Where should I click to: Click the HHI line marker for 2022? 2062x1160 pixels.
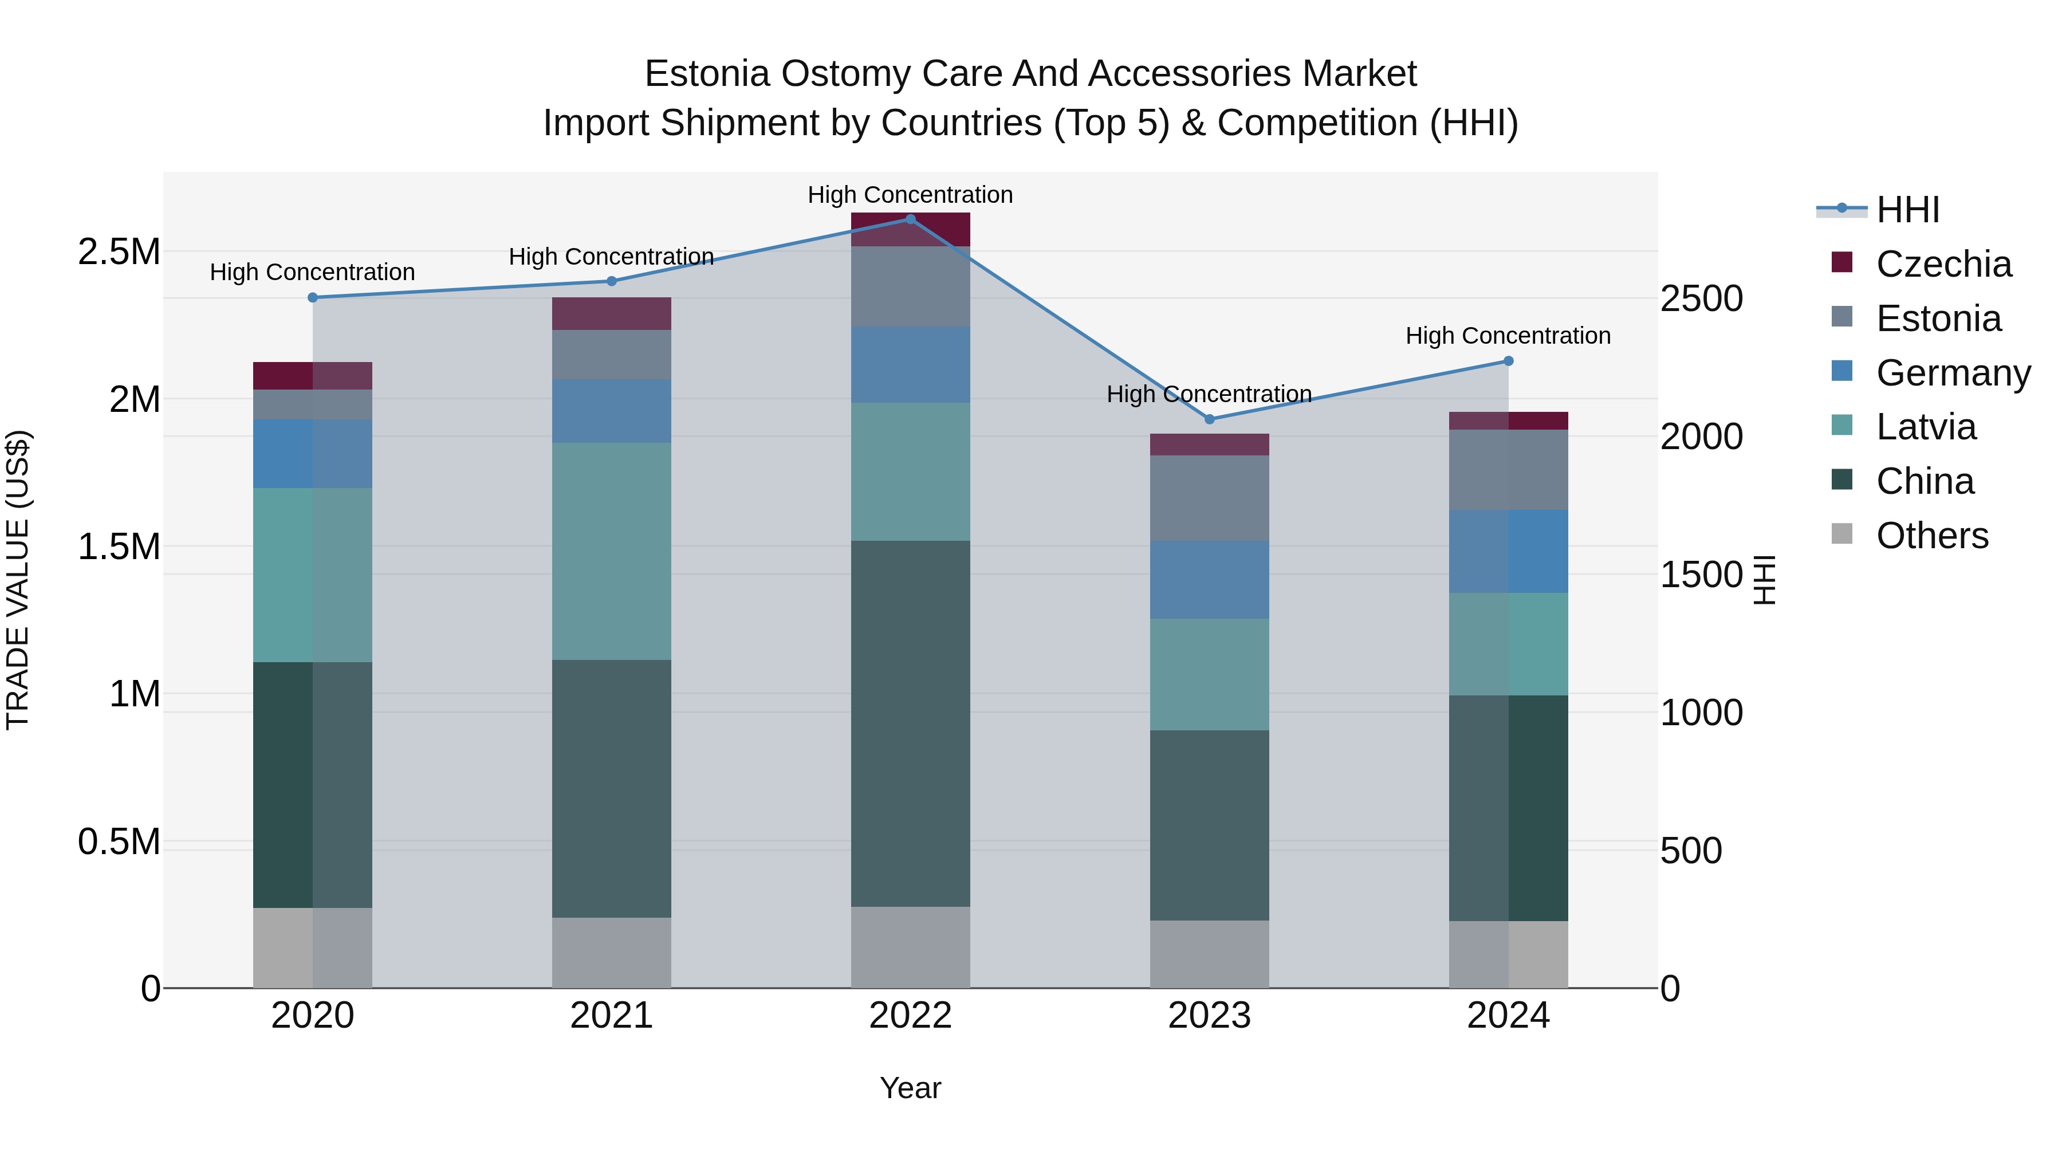click(910, 219)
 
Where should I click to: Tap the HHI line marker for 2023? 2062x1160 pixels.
click(1210, 419)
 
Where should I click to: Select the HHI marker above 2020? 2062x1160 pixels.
click(313, 298)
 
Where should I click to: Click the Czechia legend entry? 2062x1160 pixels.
click(1943, 264)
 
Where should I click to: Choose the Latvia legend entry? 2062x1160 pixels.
click(1925, 427)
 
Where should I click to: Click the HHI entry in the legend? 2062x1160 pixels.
click(1907, 210)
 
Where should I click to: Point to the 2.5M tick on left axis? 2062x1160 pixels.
click(119, 252)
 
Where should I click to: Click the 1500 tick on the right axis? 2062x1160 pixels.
click(1701, 575)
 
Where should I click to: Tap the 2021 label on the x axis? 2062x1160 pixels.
click(612, 1016)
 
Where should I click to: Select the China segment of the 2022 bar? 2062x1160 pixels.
click(910, 723)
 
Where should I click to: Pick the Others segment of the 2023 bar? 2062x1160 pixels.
click(1210, 954)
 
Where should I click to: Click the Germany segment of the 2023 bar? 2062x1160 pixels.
click(1210, 580)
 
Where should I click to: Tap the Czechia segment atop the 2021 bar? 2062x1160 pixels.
click(612, 314)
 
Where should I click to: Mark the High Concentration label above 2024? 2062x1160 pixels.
click(1508, 336)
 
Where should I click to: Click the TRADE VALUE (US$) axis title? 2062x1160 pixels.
click(18, 580)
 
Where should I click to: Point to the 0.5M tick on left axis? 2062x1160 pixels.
click(119, 842)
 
